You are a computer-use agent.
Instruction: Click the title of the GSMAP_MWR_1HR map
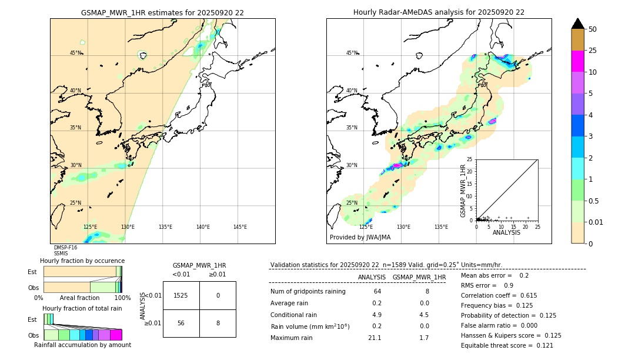pyautogui.click(x=162, y=12)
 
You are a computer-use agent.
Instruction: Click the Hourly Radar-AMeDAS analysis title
pyautogui.click(x=439, y=12)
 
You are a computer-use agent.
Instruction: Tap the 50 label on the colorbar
pyautogui.click(x=593, y=29)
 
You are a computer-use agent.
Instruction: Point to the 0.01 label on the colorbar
pyautogui.click(x=596, y=222)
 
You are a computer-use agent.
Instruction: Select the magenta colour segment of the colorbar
pyautogui.click(x=577, y=61)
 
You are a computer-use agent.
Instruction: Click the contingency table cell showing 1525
pyautogui.click(x=181, y=295)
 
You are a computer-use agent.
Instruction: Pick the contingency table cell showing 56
pyautogui.click(x=181, y=323)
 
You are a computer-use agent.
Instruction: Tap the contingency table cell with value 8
pyautogui.click(x=218, y=323)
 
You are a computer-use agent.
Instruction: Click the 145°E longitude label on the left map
pyautogui.click(x=240, y=227)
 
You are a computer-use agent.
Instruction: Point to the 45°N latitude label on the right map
pyautogui.click(x=351, y=53)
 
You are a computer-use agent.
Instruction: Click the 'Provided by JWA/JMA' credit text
pyautogui.click(x=360, y=238)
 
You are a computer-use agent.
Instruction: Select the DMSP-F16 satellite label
pyautogui.click(x=65, y=248)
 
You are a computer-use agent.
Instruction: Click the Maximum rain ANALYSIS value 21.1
pyautogui.click(x=375, y=338)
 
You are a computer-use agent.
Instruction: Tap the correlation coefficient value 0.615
pyautogui.click(x=523, y=295)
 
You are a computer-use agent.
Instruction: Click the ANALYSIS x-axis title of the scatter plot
pyautogui.click(x=506, y=232)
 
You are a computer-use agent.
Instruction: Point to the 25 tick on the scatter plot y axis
pyautogui.click(x=470, y=159)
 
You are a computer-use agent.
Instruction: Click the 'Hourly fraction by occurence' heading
pyautogui.click(x=82, y=261)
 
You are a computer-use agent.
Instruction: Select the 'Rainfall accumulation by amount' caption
pyautogui.click(x=82, y=345)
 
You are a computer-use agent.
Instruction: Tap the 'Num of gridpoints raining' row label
pyautogui.click(x=308, y=291)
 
